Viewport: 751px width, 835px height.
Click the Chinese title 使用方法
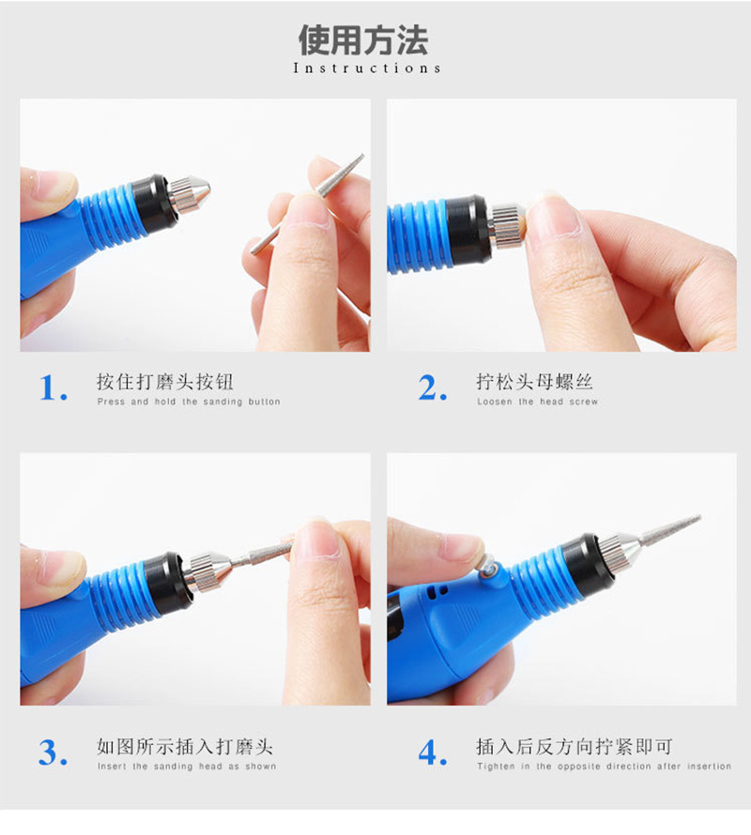(x=363, y=39)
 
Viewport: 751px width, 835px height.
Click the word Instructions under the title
(x=367, y=68)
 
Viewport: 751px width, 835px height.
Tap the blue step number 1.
(x=54, y=387)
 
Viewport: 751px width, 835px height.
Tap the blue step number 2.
(x=433, y=387)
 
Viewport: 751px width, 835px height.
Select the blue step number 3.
(x=54, y=752)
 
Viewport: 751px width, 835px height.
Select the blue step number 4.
(x=433, y=752)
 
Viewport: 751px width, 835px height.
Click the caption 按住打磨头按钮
(x=165, y=382)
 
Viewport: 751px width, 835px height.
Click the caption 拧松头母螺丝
(x=534, y=382)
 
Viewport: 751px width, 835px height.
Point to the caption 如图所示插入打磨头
(x=185, y=747)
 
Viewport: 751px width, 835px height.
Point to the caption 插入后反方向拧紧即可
(x=574, y=747)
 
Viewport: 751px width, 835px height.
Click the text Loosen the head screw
(x=537, y=402)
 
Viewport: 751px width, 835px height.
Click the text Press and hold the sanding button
(x=189, y=402)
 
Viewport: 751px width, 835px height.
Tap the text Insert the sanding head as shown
(x=187, y=767)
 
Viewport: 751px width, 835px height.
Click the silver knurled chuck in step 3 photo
(x=208, y=569)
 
